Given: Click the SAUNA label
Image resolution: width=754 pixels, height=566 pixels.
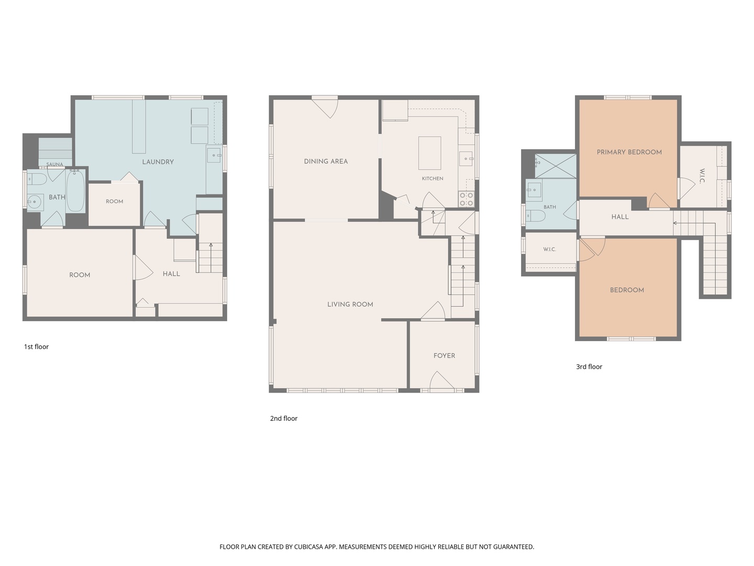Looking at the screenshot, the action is pos(54,164).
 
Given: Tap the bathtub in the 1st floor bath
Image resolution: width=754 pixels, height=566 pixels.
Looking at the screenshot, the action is pos(75,191).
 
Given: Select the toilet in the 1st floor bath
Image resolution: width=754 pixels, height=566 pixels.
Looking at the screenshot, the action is pos(37,179).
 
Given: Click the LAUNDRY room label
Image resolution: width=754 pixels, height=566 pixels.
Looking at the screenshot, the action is pos(158,162).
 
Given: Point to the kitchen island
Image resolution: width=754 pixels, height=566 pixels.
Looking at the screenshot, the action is pos(429,153).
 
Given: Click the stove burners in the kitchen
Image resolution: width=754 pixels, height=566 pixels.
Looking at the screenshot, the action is pos(467,199).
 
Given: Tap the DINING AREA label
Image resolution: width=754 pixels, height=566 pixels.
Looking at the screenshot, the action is pos(326,161).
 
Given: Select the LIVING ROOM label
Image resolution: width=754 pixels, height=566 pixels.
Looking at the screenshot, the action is pos(350,304).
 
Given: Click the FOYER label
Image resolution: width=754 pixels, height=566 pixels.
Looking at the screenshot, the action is pos(444,356).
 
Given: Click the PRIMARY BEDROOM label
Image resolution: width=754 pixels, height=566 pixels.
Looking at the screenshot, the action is pos(629,152).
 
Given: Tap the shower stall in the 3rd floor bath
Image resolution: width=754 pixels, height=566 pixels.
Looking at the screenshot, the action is pos(556,166).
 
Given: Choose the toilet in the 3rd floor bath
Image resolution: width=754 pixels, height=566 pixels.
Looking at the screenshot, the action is pos(535,216).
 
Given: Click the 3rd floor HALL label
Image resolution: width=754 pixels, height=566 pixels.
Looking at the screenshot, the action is pos(619,217).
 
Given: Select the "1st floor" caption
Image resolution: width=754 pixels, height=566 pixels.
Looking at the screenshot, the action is pos(36,347).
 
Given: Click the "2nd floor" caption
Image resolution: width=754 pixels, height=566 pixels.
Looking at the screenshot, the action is pos(284,418).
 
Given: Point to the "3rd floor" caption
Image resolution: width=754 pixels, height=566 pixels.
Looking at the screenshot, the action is pos(589,367).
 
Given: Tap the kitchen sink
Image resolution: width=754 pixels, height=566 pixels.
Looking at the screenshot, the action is pos(466,159).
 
